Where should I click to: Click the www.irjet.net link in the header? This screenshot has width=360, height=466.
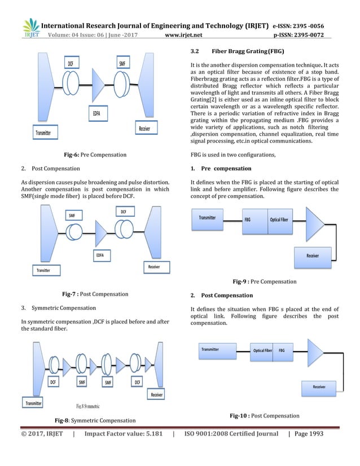click(x=188, y=35)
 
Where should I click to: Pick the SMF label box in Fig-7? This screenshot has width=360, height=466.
click(x=72, y=215)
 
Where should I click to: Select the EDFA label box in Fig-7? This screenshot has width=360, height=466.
click(x=99, y=256)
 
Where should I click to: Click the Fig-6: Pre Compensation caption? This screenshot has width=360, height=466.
click(x=95, y=154)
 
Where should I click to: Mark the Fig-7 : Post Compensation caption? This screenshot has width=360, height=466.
click(x=95, y=294)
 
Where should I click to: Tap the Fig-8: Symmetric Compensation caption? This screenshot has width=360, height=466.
click(x=95, y=420)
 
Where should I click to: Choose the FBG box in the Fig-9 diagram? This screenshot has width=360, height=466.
click(x=247, y=219)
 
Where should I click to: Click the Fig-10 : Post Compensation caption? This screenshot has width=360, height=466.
click(x=264, y=416)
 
